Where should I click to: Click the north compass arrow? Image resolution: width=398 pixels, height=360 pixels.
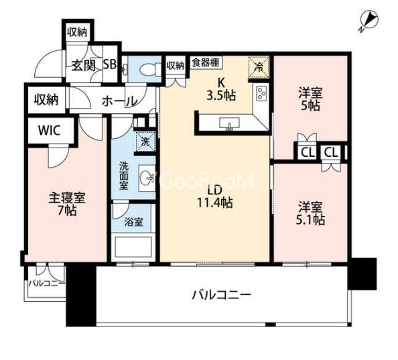coord(369,21)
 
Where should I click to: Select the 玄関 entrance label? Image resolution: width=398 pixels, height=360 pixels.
coord(84,66)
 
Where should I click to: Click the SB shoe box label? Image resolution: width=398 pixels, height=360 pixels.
coord(110,64)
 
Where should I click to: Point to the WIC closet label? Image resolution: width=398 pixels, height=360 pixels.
coord(50,131)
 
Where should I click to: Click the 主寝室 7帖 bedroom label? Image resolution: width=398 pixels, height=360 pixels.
coord(67,204)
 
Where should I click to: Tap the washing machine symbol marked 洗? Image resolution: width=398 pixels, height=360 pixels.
coord(145,141)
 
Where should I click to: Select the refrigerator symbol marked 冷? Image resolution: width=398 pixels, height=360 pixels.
coord(259,67)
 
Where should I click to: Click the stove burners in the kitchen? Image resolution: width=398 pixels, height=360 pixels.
coord(261,93)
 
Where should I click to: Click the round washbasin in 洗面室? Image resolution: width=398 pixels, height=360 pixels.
coord(147,178)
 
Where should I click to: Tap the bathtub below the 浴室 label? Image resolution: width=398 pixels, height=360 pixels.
coord(133,247)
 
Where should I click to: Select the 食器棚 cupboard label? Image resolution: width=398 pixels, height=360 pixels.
coord(206,62)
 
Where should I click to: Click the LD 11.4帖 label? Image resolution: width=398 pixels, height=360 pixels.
coord(215,196)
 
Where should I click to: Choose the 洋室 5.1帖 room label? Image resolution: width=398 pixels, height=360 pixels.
coord(310,213)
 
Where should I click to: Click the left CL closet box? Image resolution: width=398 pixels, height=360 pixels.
coord(308,153)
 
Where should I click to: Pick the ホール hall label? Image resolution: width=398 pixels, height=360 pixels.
coord(119,101)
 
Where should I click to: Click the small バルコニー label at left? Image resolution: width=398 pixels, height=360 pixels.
coord(46,283)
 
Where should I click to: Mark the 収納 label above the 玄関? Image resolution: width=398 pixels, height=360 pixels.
coord(78,32)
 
